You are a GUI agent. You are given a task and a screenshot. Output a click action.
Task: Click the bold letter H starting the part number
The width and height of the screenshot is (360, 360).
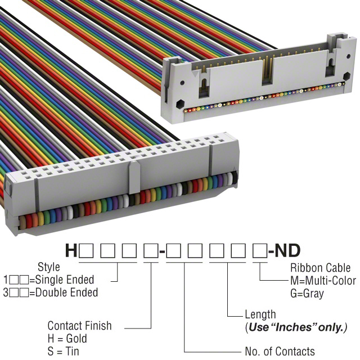pyautogui.click(x=71, y=250)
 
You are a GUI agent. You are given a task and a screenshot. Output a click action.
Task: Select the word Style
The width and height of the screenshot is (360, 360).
pyautogui.click(x=48, y=267)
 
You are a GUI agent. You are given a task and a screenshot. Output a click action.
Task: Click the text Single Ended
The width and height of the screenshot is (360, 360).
pyautogui.click(x=66, y=280)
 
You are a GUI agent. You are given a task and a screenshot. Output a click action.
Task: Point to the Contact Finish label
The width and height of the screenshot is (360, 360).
pyautogui.click(x=79, y=326)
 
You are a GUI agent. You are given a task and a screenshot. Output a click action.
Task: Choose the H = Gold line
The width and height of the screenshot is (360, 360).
pyautogui.click(x=67, y=339)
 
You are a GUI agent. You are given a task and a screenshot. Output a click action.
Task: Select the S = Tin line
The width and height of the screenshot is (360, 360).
pyautogui.click(x=64, y=351)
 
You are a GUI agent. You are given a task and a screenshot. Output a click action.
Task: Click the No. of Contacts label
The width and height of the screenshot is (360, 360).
pyautogui.click(x=280, y=352)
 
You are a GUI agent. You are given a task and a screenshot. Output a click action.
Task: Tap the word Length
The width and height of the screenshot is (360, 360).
pyautogui.click(x=260, y=314)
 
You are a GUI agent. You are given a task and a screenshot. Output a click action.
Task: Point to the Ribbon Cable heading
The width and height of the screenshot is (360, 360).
pyautogui.click(x=319, y=268)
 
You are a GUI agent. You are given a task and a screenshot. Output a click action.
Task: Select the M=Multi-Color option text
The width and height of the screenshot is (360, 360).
pyautogui.click(x=323, y=281)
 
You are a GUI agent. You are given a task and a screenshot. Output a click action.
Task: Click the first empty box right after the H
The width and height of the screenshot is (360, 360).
pyautogui.click(x=87, y=250)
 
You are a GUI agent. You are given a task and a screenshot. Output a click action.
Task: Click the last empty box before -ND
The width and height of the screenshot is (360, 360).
pyautogui.click(x=259, y=250)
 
